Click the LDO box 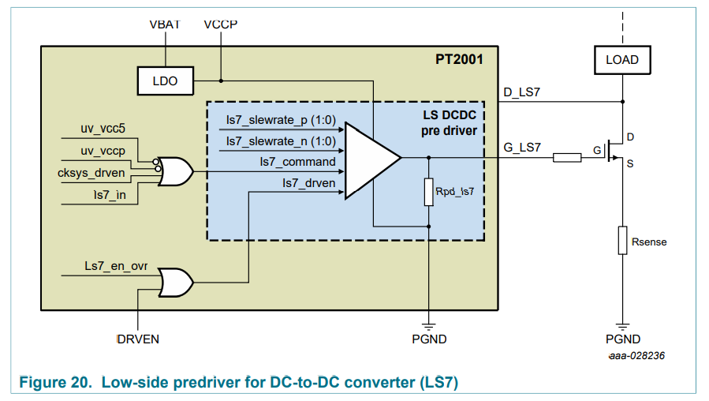[165, 81]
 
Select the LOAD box [622, 59]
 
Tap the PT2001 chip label [459, 59]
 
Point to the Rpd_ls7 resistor [428, 192]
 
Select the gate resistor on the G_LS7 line [568, 158]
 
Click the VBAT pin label [165, 24]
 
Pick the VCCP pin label [221, 24]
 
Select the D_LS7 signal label [522, 93]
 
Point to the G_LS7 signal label [522, 147]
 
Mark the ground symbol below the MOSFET [623, 325]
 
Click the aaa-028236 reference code [636, 356]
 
